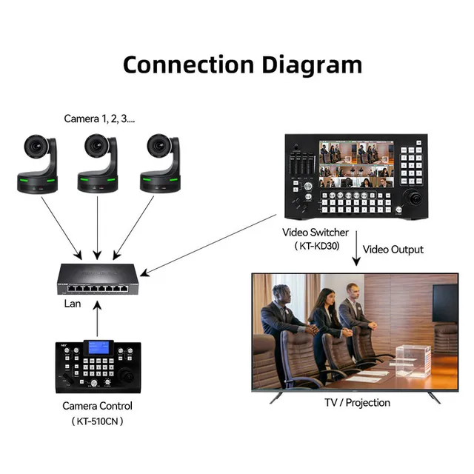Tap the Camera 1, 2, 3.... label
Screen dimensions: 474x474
pos(99,118)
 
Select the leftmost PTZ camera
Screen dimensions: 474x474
pos(38,163)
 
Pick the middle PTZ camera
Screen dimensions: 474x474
pos(98,163)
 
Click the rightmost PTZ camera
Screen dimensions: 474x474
pos(160,163)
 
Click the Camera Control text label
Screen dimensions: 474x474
pos(98,406)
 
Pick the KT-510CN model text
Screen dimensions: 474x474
pos(98,421)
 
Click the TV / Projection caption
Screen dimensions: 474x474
pos(357,403)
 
